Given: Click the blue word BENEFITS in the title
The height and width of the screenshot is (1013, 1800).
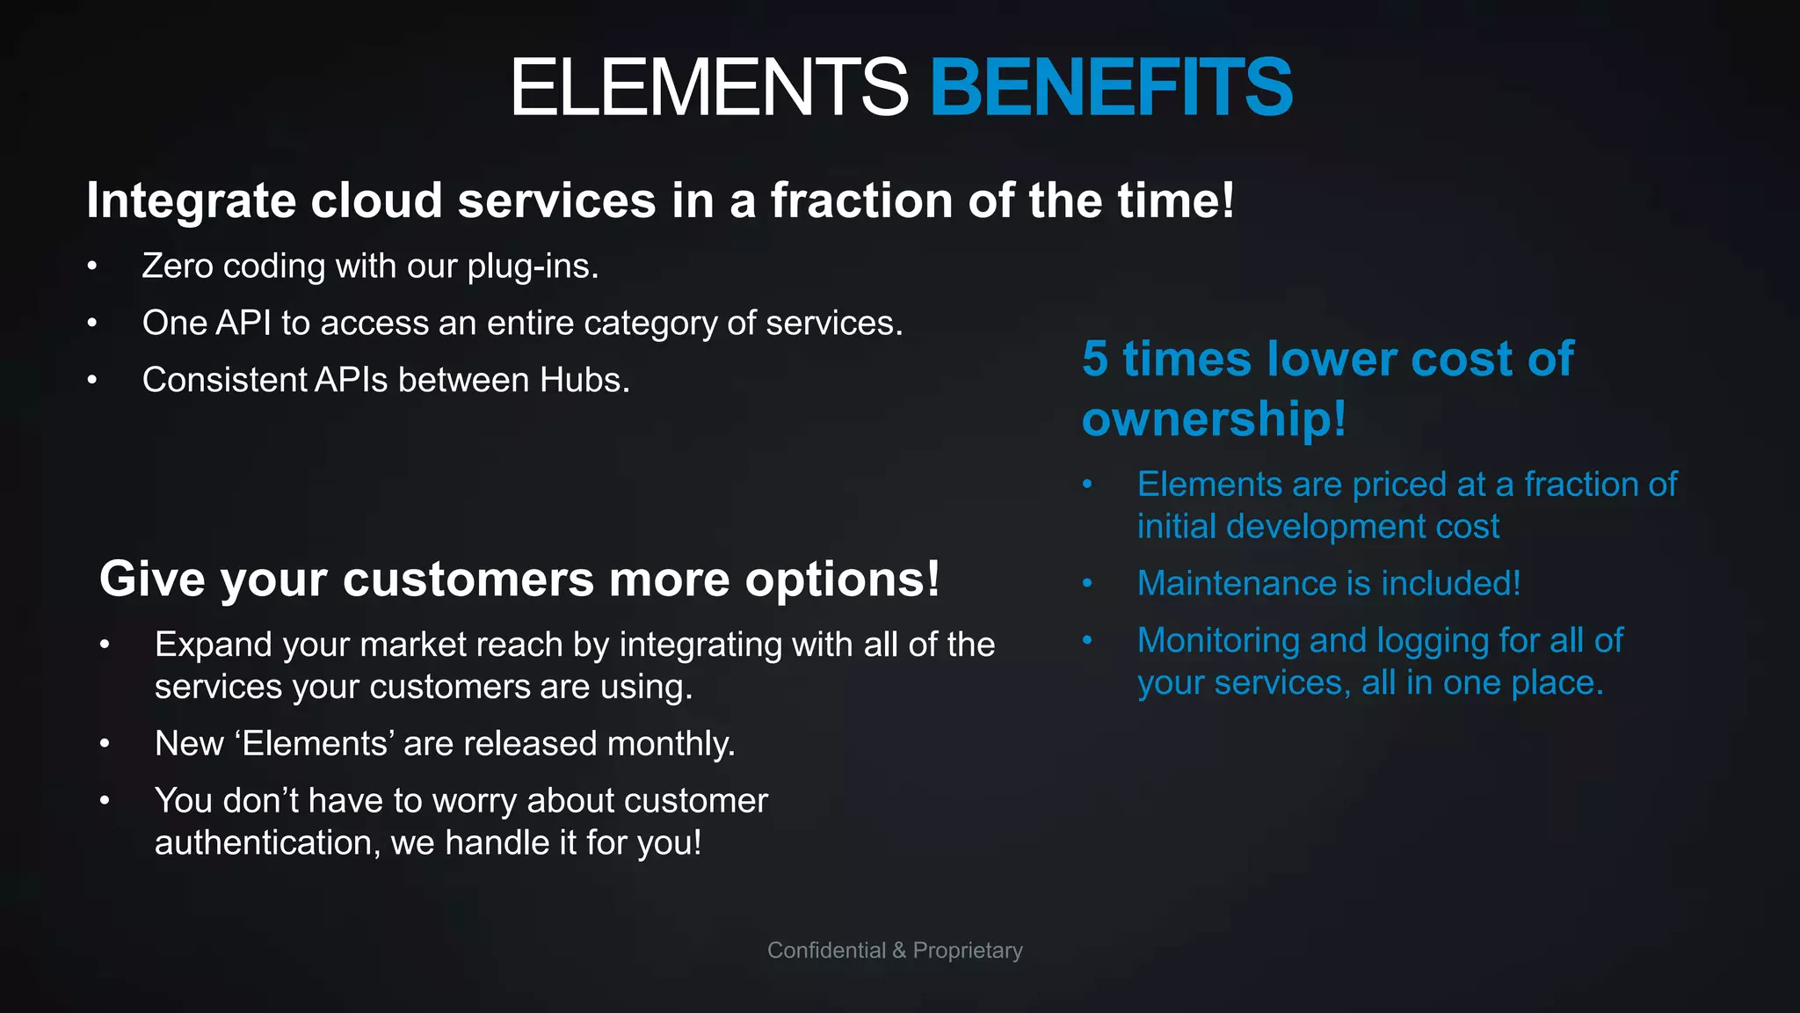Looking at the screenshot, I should pos(1111,87).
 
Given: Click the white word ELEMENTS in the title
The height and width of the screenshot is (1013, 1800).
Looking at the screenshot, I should pos(708,87).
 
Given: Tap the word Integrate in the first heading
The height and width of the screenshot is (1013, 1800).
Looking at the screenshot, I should pos(191,201).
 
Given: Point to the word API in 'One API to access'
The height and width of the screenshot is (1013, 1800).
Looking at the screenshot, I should pos(243,323).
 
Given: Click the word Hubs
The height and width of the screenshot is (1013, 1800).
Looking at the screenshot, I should pos(584,380).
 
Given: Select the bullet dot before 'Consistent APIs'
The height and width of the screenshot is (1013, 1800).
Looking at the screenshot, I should pos(92,380).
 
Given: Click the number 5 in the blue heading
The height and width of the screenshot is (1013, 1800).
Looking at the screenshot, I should pos(1095,359).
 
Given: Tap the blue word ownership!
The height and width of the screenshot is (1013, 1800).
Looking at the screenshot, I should pos(1213,419).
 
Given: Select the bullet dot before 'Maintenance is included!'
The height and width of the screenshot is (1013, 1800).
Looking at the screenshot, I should pos(1087,583).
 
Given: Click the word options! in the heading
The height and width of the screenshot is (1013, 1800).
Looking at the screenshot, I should pos(842,579).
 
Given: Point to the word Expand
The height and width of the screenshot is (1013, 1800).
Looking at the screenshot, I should pos(213,645).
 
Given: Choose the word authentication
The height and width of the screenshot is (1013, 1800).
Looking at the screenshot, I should pos(267,843).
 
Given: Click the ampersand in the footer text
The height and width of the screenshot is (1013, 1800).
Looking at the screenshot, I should pos(899,951).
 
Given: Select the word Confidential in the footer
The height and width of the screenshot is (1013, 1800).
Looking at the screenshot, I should pos(826,951).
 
